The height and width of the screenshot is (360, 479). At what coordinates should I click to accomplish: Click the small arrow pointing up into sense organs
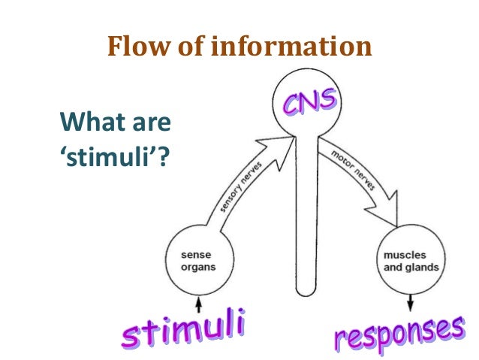[198, 305]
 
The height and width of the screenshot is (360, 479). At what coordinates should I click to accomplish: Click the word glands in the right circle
[421, 268]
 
